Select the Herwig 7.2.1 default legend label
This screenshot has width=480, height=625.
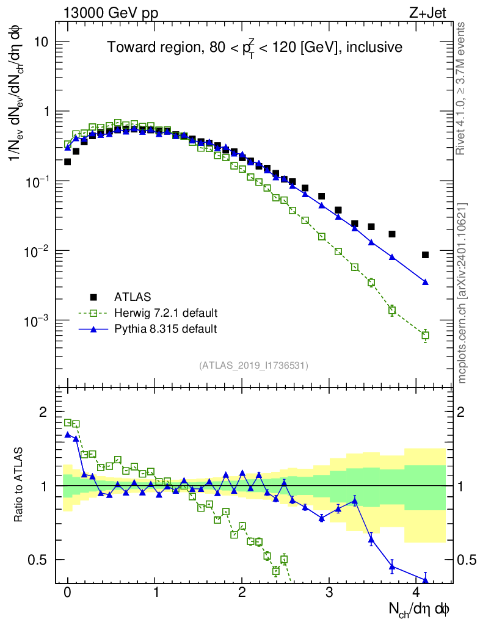point(166,313)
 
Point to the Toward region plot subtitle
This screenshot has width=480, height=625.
point(255,48)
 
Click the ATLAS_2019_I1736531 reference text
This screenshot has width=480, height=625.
point(253,366)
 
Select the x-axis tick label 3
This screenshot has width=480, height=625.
point(329,593)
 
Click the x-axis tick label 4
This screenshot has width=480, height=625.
point(416,593)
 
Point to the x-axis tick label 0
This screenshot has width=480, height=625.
point(68,593)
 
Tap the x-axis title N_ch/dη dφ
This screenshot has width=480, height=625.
point(419,609)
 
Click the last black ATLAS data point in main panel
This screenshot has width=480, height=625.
point(425,255)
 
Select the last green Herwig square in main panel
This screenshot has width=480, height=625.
point(425,335)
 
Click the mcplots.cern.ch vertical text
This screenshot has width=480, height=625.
point(462,293)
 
